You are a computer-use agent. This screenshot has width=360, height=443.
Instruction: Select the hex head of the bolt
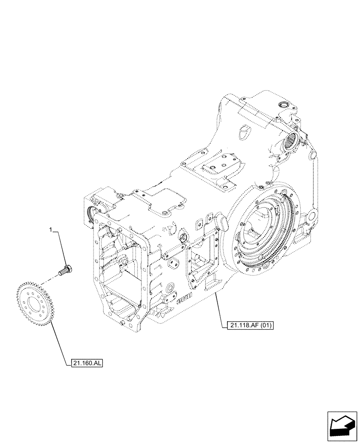(70, 268)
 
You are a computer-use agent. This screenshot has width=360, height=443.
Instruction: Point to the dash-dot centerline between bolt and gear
(52, 280)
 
